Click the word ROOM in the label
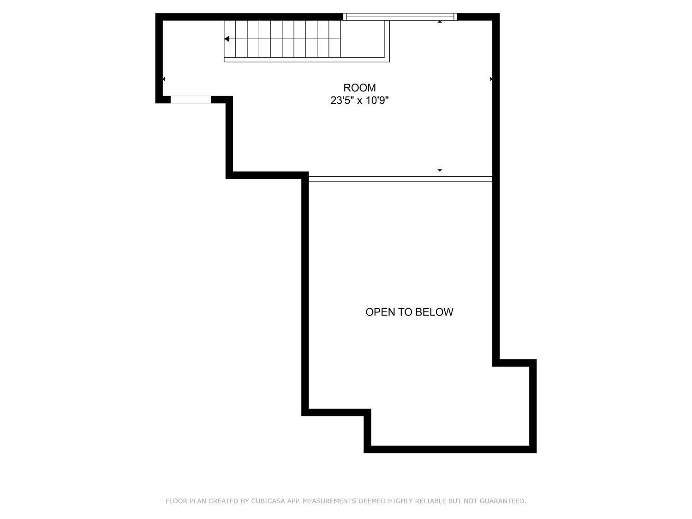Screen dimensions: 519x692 coord(359,88)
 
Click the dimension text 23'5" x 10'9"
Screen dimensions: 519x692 coord(359,101)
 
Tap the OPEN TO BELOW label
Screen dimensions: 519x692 coord(409,312)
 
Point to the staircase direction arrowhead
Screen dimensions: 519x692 coord(227,39)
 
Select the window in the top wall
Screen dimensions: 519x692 coord(401,17)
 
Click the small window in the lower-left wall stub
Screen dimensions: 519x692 coord(191,100)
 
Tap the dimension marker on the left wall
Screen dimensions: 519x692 coord(164,79)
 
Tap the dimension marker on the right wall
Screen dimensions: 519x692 coord(491,79)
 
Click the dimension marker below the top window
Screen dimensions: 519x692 coord(440,22)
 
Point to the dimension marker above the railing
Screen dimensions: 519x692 coord(440,170)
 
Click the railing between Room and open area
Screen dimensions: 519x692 coord(400,179)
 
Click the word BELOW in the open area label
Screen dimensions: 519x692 coord(434,312)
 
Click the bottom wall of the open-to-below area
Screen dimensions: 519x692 coord(450,449)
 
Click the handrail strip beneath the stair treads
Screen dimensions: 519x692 coord(304,60)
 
